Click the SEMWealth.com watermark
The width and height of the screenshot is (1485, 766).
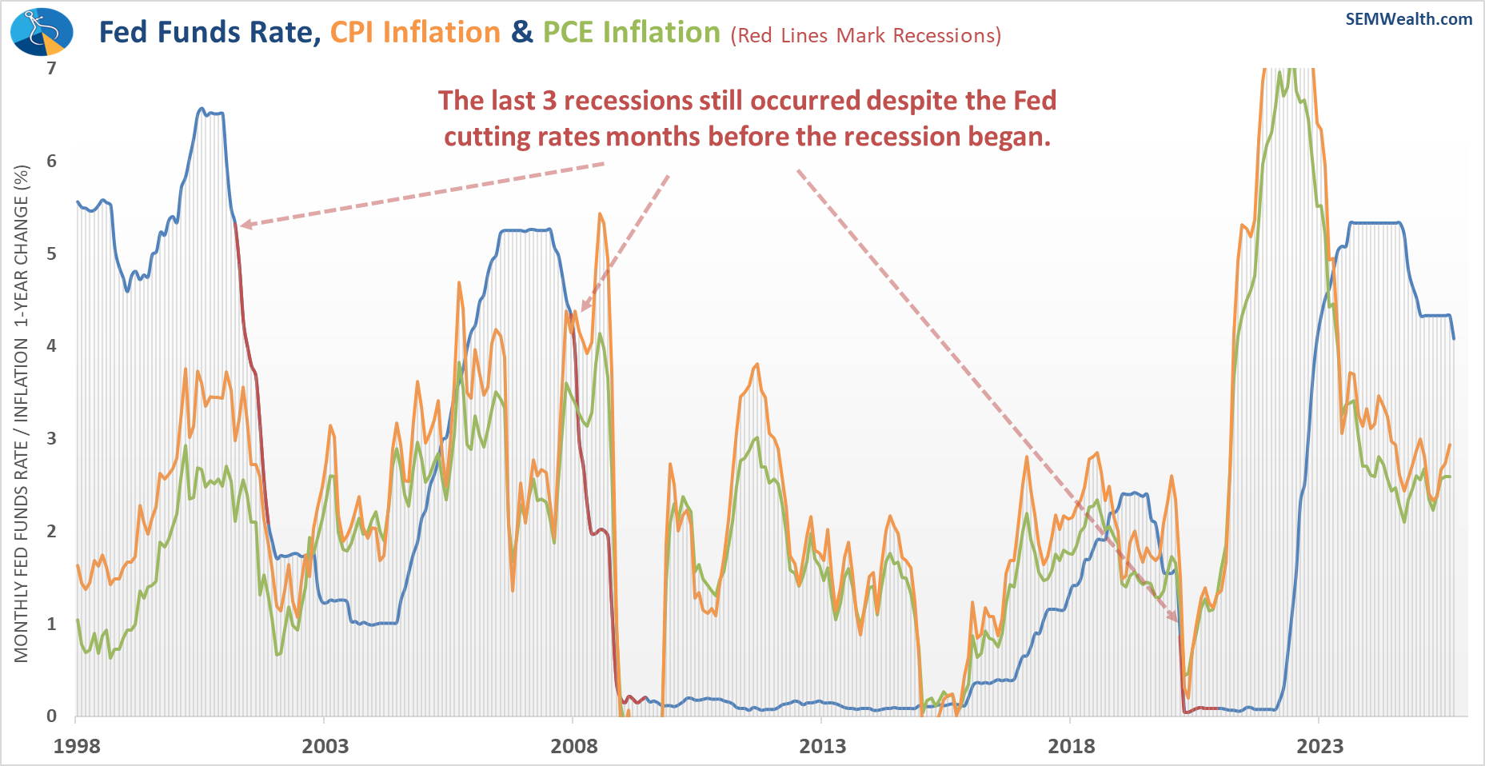1408,19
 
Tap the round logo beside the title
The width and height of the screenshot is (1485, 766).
42,32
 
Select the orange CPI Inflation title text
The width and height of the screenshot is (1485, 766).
415,33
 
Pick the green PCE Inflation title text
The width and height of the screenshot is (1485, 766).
632,33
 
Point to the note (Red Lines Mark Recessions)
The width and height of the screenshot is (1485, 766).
865,36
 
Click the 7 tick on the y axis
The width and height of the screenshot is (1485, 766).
51,69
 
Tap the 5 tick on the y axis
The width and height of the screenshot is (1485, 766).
51,254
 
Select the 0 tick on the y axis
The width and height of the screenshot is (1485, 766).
51,716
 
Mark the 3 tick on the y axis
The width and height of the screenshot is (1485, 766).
51,439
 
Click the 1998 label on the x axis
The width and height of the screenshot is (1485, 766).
77,747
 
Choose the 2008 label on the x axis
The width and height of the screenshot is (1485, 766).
573,747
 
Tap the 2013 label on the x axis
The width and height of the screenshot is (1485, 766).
822,747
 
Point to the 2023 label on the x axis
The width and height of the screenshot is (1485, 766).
1319,747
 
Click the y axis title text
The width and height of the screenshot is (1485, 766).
22,413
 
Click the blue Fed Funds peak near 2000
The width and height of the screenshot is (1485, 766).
202,109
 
